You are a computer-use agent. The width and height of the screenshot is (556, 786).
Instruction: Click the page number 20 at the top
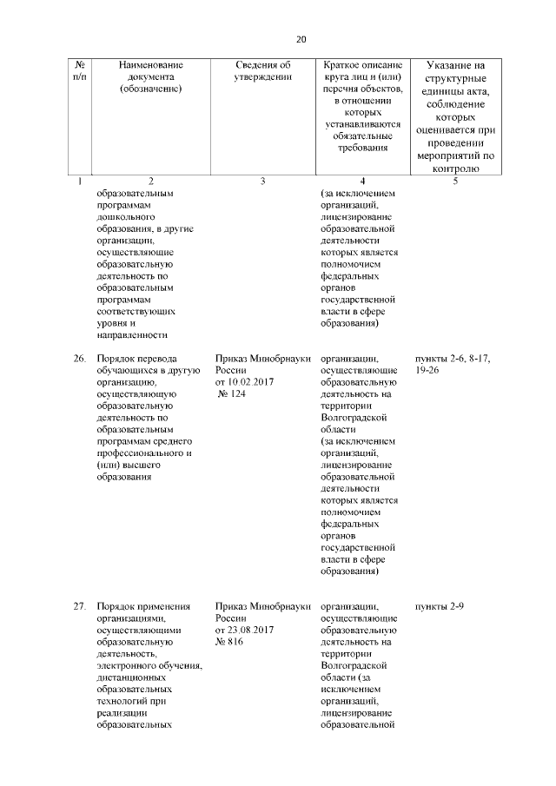[x=301, y=39]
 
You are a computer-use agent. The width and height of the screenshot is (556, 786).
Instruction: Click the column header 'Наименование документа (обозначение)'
[x=151, y=76]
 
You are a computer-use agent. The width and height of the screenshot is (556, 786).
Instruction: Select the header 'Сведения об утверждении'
[x=261, y=70]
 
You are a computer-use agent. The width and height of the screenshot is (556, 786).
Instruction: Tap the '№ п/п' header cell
[x=79, y=70]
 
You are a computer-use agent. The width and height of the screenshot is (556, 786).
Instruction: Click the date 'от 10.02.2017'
[x=244, y=381]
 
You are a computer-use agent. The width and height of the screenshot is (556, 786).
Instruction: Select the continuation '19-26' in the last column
[x=431, y=370]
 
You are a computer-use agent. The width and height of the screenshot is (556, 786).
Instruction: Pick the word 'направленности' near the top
[x=131, y=334]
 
